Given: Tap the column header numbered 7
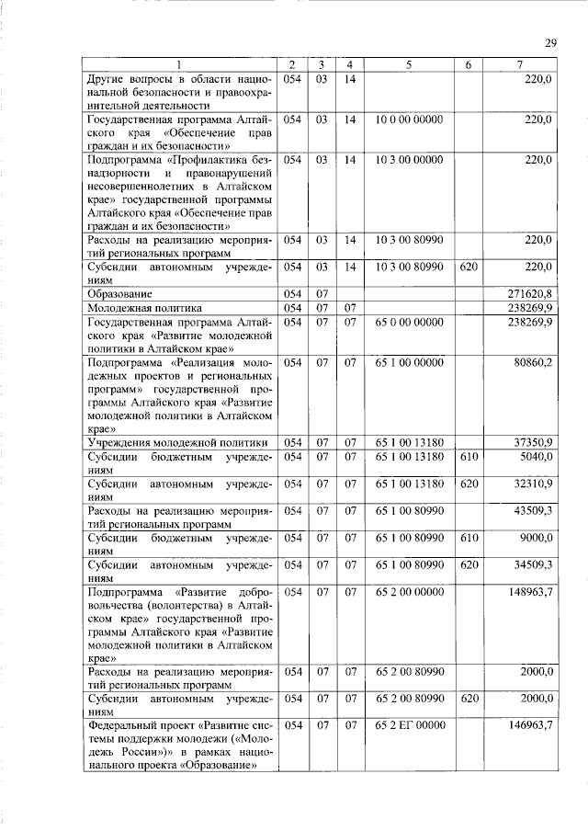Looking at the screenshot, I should click(520, 64).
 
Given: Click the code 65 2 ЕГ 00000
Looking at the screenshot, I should click(409, 726).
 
